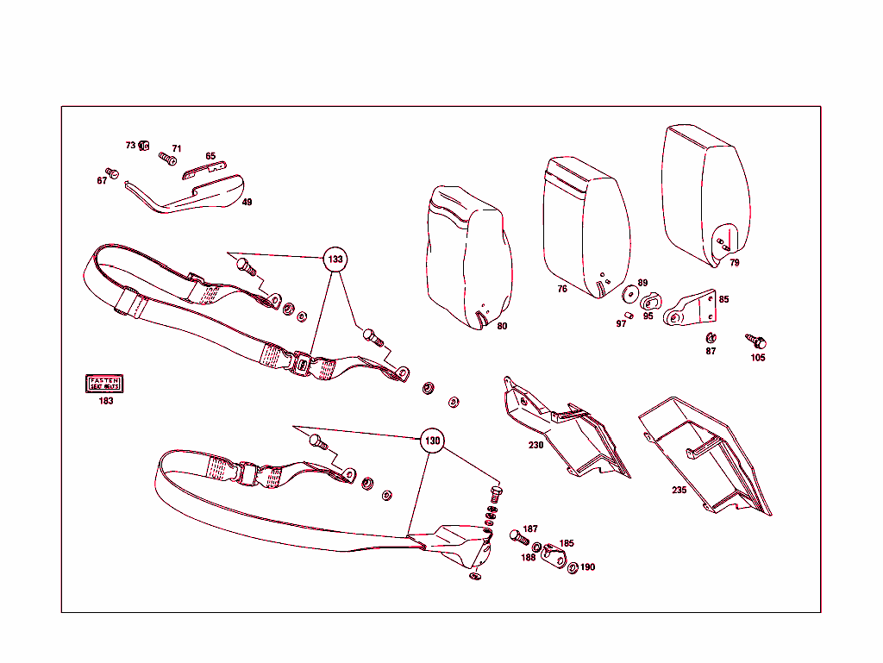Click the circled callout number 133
[335, 259]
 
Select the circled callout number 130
[432, 441]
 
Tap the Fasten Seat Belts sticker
[105, 384]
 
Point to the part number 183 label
[105, 401]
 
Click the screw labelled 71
[167, 159]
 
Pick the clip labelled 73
[145, 145]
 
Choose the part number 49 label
[247, 203]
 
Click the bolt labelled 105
[759, 342]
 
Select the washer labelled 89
[630, 295]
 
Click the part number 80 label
[502, 327]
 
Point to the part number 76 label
[562, 290]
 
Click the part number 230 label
[536, 446]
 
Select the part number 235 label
[679, 490]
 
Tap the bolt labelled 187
[519, 537]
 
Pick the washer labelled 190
[573, 567]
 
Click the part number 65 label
[210, 156]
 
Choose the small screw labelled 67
[110, 172]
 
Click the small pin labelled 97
[630, 316]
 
